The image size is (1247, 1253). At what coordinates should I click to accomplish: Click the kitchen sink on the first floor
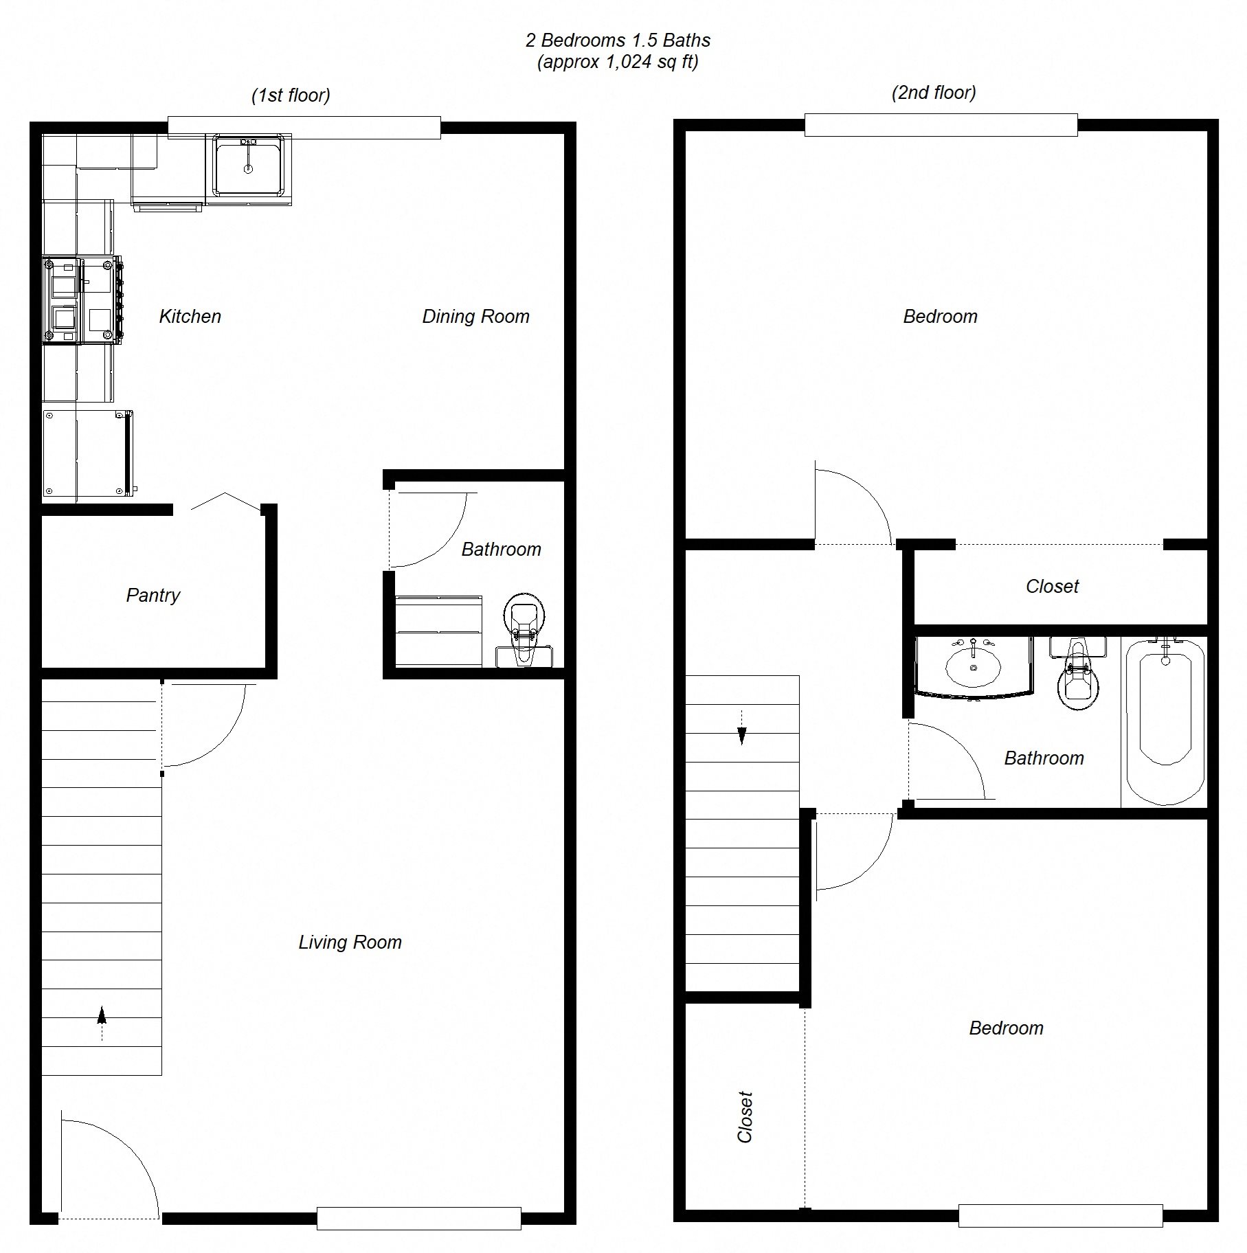point(248,166)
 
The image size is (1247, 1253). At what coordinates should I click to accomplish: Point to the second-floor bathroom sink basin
point(973,665)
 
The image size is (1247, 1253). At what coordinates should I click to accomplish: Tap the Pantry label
point(153,595)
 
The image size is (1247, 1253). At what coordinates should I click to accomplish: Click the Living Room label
point(350,942)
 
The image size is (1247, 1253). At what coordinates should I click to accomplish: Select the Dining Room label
point(475,316)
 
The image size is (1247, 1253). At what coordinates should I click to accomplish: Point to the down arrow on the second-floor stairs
point(742,735)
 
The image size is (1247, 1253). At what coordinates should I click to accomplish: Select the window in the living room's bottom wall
point(418,1218)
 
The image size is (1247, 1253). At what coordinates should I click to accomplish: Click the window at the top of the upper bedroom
point(941,124)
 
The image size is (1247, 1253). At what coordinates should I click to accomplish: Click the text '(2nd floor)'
point(934,93)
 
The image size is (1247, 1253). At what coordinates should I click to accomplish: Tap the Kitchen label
point(190,316)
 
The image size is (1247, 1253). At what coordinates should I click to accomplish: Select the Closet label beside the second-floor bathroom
point(1052,586)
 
